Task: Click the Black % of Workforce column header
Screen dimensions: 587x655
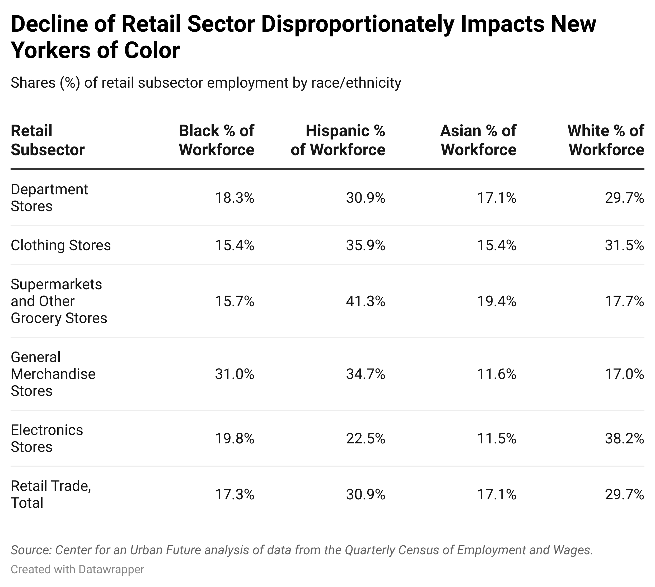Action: (217, 140)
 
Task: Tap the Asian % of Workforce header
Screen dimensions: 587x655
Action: (478, 140)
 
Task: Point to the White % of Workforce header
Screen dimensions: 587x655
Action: (606, 140)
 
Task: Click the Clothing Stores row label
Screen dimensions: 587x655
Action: (61, 245)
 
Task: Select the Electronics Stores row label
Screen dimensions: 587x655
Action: (47, 439)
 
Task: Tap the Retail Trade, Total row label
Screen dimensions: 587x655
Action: (51, 494)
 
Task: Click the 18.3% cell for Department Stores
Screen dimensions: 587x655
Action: (235, 198)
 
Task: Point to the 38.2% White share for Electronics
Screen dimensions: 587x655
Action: (624, 439)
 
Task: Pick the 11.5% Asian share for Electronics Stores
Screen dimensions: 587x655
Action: (497, 439)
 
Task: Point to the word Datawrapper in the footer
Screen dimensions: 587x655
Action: (111, 570)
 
